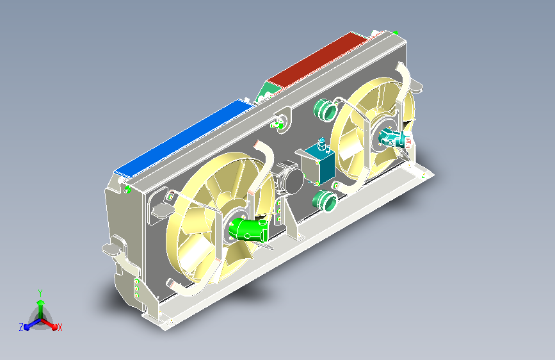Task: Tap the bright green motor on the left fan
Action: pyautogui.click(x=248, y=229)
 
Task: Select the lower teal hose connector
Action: pyautogui.click(x=325, y=200)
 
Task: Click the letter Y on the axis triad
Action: pyautogui.click(x=40, y=293)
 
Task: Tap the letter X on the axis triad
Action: pyautogui.click(x=60, y=327)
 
